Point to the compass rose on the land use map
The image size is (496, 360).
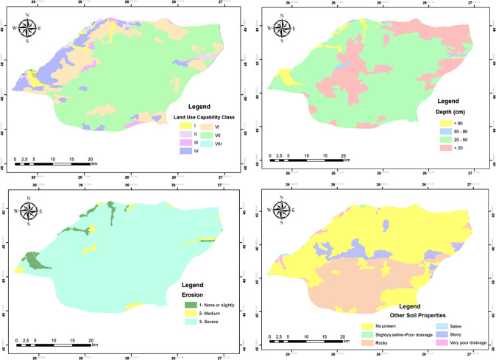[26, 29]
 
